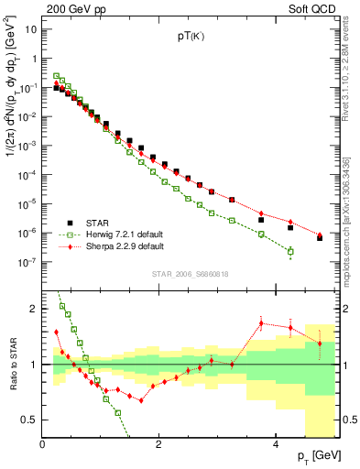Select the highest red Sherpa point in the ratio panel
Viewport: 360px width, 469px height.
pos(261,322)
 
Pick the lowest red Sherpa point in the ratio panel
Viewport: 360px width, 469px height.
pos(141,400)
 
